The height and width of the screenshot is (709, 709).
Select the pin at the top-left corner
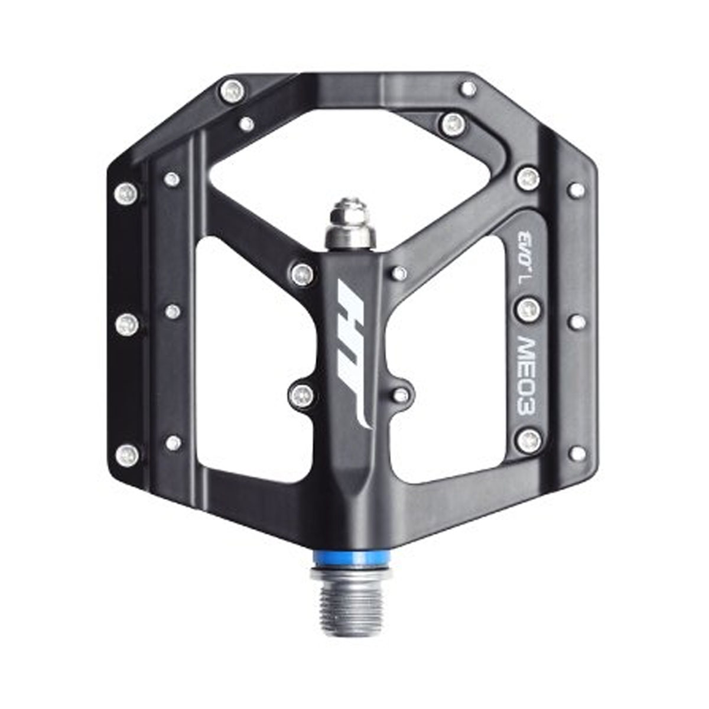[232, 91]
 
